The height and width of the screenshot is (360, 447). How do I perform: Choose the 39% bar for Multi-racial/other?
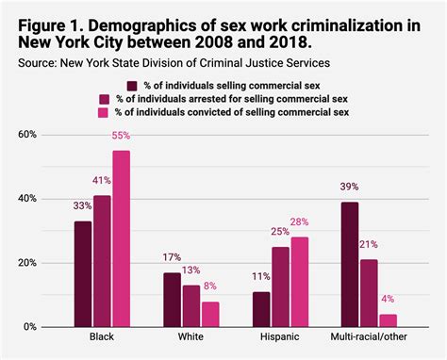[350, 264]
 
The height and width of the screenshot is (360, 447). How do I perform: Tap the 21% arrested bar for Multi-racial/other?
[368, 293]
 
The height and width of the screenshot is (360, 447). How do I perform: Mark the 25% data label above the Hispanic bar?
[280, 232]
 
